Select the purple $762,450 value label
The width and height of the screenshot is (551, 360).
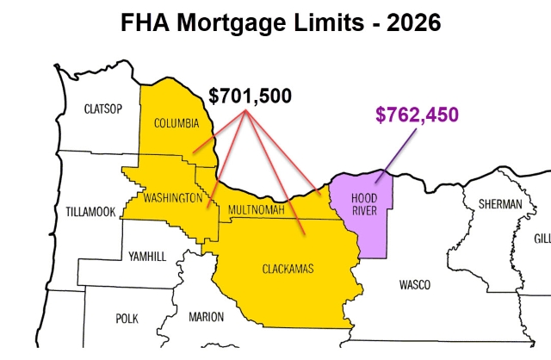(x=417, y=115)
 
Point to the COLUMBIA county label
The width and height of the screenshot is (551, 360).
(x=176, y=122)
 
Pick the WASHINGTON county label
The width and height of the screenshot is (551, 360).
(x=172, y=198)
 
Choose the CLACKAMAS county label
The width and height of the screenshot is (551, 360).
(x=288, y=270)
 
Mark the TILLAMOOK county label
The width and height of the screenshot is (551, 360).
(x=90, y=211)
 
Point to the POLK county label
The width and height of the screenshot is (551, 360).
(x=127, y=318)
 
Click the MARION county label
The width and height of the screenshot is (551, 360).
(x=206, y=317)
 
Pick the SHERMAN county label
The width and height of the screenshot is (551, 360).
(x=500, y=204)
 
